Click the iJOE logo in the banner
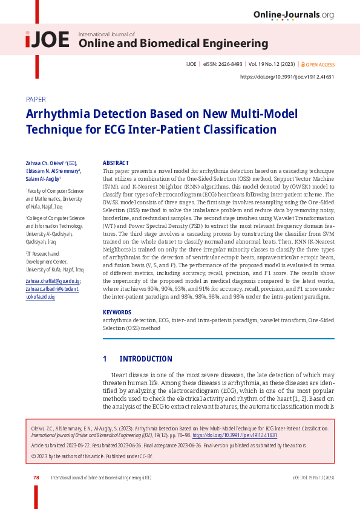point(47,40)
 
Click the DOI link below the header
point(287,77)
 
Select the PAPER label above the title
point(36,100)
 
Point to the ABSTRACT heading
point(116,163)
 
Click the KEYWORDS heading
point(117,313)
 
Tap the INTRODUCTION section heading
point(146,359)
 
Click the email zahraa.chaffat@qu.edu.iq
point(53,282)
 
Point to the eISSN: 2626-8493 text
point(221,63)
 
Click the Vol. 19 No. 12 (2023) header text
point(270,63)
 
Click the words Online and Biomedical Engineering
point(174,44)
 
